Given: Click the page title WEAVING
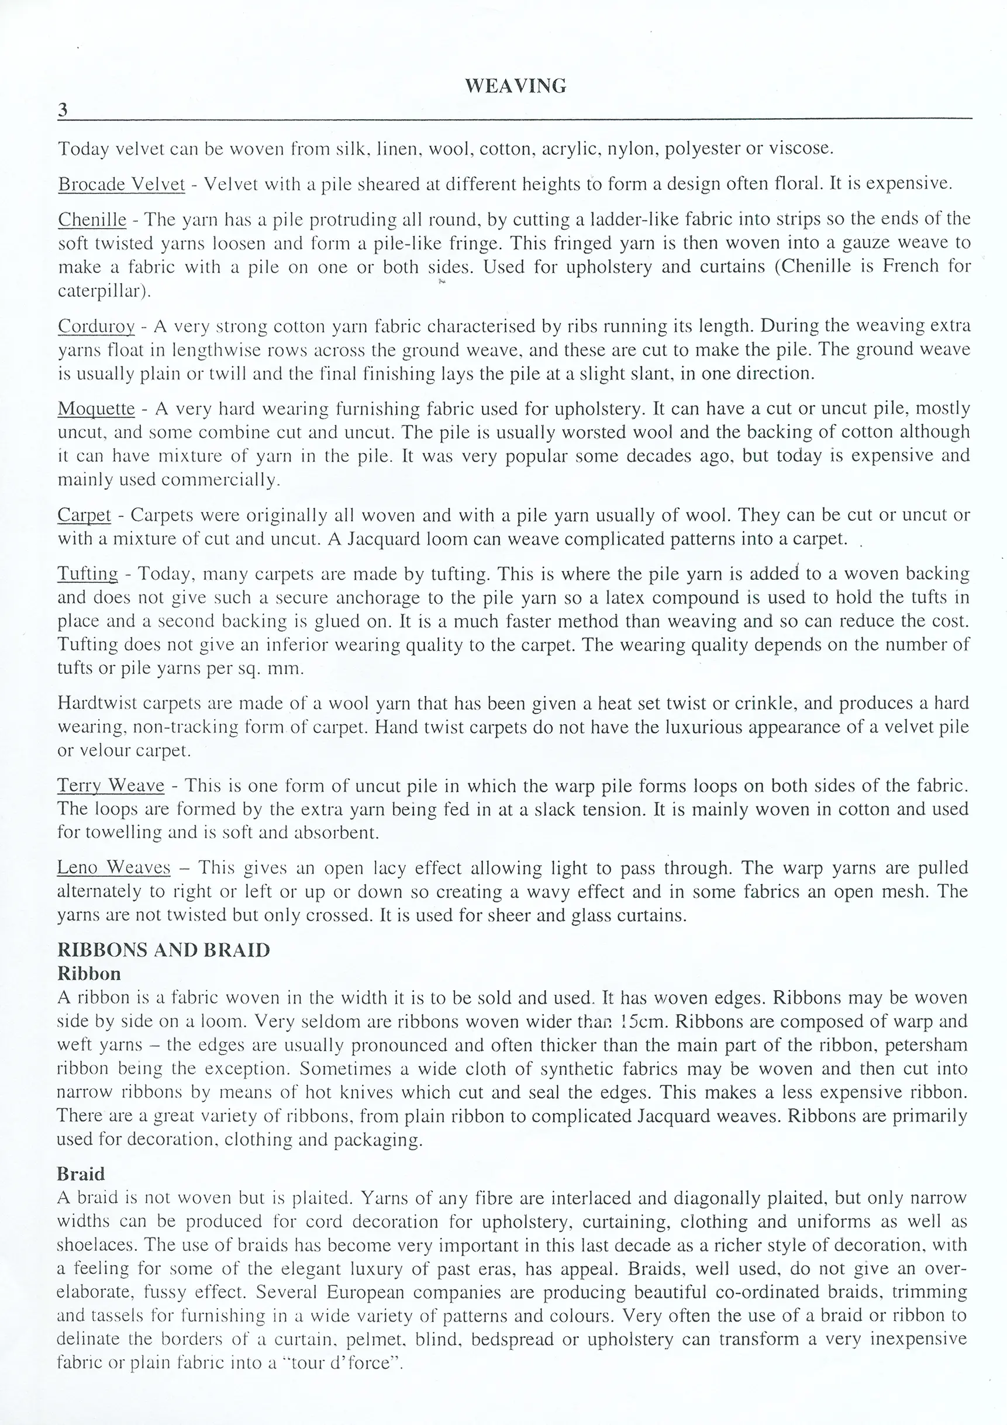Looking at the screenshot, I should pyautogui.click(x=515, y=86).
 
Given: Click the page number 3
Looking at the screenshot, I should pyautogui.click(x=63, y=110).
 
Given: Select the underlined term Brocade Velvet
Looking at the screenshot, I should pyautogui.click(x=122, y=184).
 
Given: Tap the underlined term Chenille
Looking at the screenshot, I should pyautogui.click(x=92, y=219).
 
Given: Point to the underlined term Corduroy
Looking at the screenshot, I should pyautogui.click(x=96, y=326).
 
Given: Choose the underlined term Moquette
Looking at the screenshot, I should pyautogui.click(x=96, y=409).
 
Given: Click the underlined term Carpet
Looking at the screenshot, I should pyautogui.click(x=84, y=515).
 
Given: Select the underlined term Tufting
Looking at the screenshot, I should pyautogui.click(x=88, y=573).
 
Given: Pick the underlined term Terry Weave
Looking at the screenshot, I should pyautogui.click(x=111, y=786).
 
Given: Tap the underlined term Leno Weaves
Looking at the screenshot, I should pyautogui.click(x=113, y=867).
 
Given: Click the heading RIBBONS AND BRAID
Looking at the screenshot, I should pyautogui.click(x=163, y=950).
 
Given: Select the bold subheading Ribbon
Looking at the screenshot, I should pyautogui.click(x=89, y=973).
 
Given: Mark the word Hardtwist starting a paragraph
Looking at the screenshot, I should pyautogui.click(x=97, y=703).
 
